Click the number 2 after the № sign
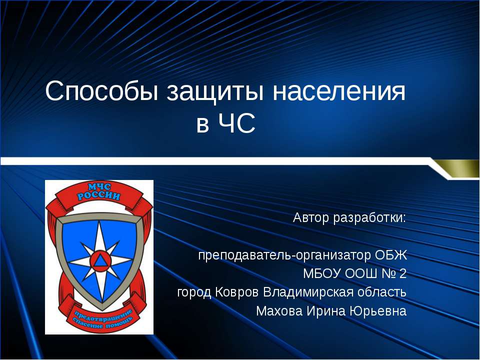[403, 274]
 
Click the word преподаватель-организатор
[284, 255]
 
